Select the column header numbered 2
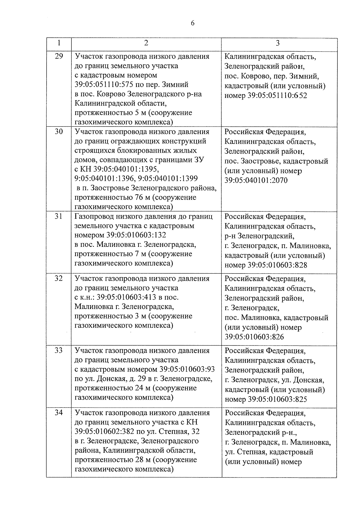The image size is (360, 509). pyautogui.click(x=146, y=43)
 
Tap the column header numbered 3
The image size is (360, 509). pyautogui.click(x=278, y=43)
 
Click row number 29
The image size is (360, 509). pyautogui.click(x=59, y=56)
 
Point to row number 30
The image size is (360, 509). pyautogui.click(x=59, y=131)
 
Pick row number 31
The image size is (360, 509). pyautogui.click(x=59, y=216)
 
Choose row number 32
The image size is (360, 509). pyautogui.click(x=59, y=278)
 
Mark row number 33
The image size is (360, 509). pyautogui.click(x=59, y=350)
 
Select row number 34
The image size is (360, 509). pyautogui.click(x=59, y=413)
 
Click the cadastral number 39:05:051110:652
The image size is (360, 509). pyautogui.click(x=277, y=96)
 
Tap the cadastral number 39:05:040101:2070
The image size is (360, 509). pyautogui.click(x=256, y=181)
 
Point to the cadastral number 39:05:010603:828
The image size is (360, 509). pyautogui.click(x=277, y=265)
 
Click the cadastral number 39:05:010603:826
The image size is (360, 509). pyautogui.click(x=254, y=337)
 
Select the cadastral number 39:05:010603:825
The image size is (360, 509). pyautogui.click(x=277, y=400)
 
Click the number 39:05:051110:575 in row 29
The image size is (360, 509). pyautogui.click(x=104, y=85)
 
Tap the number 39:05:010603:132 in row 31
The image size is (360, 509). pyautogui.click(x=136, y=235)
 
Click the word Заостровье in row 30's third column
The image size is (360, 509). pyautogui.click(x=260, y=161)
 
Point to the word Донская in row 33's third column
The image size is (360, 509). pyautogui.click(x=308, y=380)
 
